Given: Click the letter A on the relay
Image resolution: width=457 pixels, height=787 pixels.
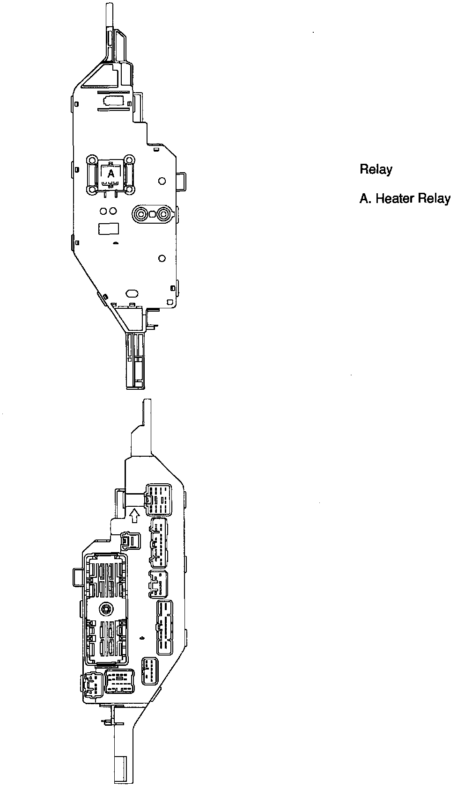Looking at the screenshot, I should (x=111, y=173).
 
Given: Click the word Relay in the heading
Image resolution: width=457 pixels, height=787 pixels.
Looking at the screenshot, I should (x=376, y=169).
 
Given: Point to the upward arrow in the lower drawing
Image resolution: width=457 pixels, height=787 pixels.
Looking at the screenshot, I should (x=134, y=515).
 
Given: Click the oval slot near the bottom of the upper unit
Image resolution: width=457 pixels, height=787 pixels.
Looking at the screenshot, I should (x=132, y=293).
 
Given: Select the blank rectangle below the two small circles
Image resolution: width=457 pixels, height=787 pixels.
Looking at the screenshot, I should (x=108, y=228).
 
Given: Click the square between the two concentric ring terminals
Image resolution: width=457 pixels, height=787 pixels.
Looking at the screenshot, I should (x=152, y=214).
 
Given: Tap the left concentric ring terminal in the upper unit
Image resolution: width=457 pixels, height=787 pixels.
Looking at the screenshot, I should (x=140, y=214).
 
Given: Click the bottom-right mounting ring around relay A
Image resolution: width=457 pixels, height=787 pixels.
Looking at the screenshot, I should (x=131, y=190).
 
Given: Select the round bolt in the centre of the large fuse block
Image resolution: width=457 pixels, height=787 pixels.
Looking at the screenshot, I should (x=105, y=609).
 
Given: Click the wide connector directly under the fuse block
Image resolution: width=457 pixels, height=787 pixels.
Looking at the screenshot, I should (x=119, y=681).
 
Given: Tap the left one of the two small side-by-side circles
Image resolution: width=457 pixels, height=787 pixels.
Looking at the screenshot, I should (x=103, y=211).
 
